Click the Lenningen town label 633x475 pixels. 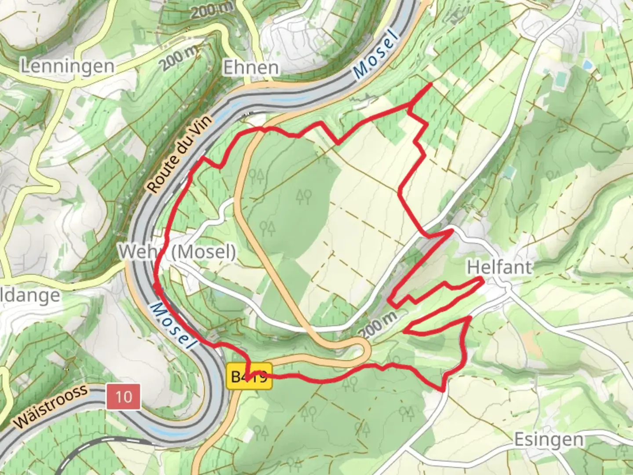coord(68,66)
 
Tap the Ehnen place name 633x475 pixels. coord(251,68)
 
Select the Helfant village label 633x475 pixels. coord(499,267)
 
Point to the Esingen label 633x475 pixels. coord(549,439)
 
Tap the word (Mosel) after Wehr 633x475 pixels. coord(203,252)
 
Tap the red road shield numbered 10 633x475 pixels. coord(124,397)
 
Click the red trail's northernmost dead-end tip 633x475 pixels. coord(430,83)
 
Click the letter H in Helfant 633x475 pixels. coord(473,267)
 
